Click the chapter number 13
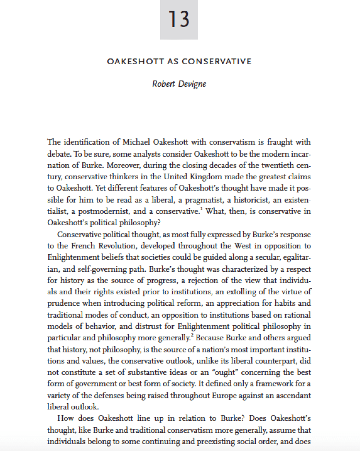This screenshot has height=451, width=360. pyautogui.click(x=179, y=19)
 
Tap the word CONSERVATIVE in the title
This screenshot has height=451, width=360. pyautogui.click(x=217, y=62)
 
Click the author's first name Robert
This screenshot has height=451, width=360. pyautogui.click(x=164, y=84)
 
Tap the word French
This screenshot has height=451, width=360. pyautogui.click(x=83, y=246)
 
